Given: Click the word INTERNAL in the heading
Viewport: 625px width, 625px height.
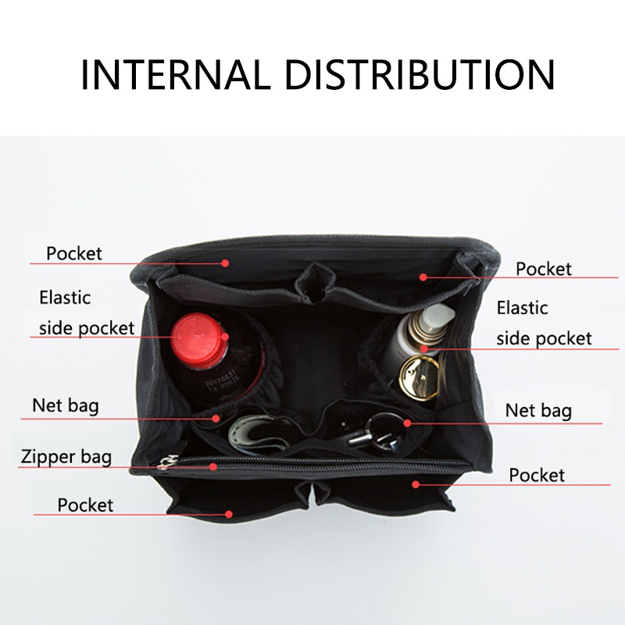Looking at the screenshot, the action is [176, 74].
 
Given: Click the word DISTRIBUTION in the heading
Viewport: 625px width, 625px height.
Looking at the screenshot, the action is [420, 74].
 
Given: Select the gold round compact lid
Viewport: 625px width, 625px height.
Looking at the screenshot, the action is [419, 377].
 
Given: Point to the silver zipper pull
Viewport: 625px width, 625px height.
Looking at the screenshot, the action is [167, 462].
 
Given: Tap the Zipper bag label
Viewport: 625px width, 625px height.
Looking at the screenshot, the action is [66, 457].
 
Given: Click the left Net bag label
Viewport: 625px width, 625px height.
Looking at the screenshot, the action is [66, 405].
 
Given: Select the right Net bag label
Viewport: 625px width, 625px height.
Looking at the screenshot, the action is [538, 411].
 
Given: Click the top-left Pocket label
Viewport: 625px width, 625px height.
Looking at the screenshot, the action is [74, 253].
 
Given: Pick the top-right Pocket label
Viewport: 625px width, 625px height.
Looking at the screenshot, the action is [543, 269].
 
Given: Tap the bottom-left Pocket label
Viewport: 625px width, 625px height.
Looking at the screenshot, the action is [85, 505].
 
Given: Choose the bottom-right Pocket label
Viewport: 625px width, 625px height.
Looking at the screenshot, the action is [537, 475].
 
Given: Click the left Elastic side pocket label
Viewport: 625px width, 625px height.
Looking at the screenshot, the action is [87, 313].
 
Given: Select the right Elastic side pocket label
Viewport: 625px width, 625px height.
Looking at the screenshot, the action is [544, 323].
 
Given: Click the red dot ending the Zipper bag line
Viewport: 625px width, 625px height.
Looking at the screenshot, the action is [213, 466].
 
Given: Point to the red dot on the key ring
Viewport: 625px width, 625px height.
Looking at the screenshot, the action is [407, 423].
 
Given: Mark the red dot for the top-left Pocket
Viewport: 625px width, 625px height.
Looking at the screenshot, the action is [225, 263].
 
